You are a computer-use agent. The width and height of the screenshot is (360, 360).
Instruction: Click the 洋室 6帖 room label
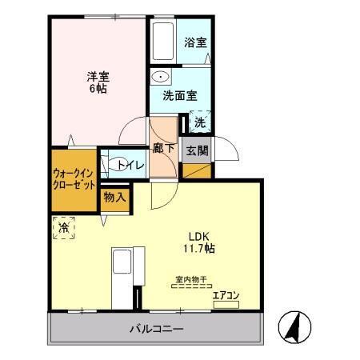tap(98, 82)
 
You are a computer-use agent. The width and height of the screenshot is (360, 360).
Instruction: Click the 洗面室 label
tap(178, 95)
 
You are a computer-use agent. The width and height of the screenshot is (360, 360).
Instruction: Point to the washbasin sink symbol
tap(161, 78)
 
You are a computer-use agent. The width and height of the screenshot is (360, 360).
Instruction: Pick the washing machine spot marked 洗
tap(198, 122)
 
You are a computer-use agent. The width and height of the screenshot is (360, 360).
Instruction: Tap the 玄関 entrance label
tap(196, 149)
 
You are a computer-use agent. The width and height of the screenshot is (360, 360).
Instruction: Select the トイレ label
tap(130, 165)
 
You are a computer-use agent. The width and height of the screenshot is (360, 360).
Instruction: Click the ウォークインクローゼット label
tap(74, 178)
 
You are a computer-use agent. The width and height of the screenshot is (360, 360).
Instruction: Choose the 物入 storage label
tap(114, 197)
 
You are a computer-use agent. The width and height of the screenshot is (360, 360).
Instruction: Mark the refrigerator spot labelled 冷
tap(63, 229)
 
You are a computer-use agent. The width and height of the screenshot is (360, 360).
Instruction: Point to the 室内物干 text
tap(191, 279)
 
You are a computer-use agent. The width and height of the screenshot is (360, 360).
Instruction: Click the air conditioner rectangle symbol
tap(227, 302)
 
